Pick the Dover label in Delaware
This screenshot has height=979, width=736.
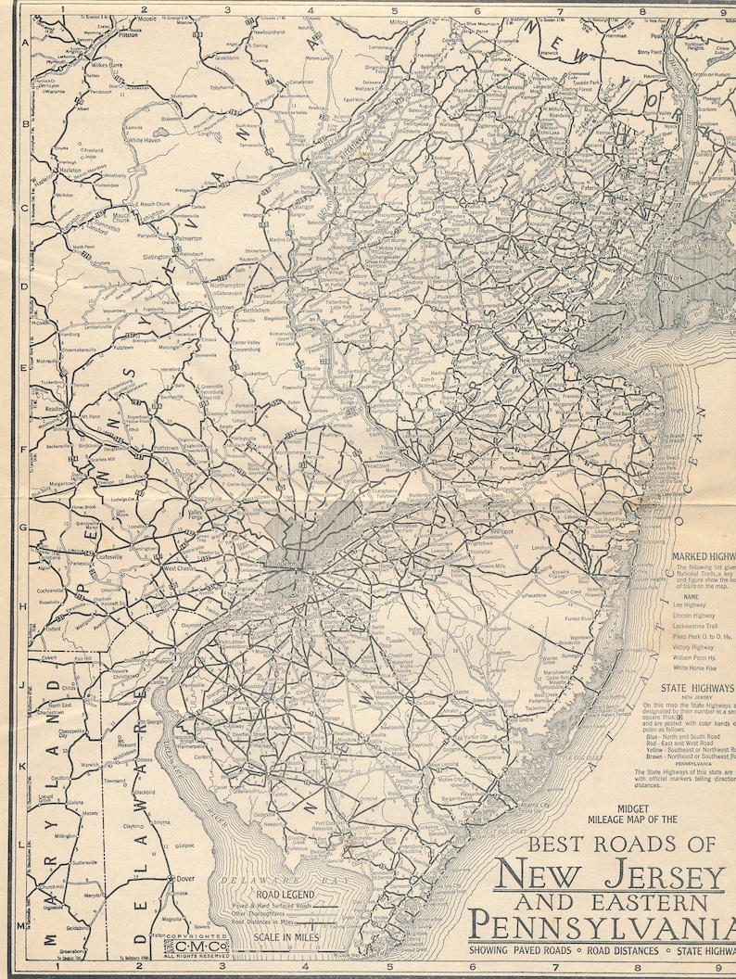(x=186, y=878)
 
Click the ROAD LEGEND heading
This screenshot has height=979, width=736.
(x=269, y=895)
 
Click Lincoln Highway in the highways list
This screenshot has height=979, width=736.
(x=693, y=615)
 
